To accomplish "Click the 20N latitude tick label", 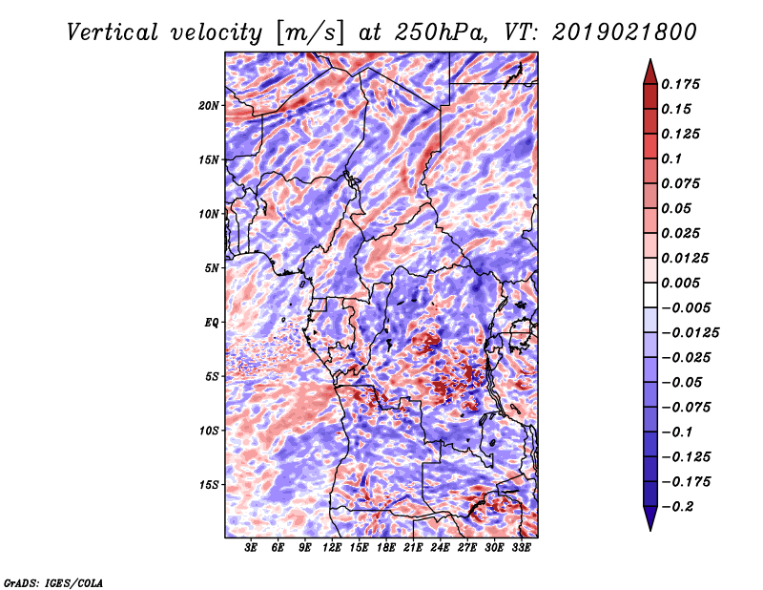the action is tap(209, 105).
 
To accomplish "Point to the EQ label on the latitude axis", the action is tap(212, 322).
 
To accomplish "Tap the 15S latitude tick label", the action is tap(209, 484).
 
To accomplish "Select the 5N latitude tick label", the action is tap(212, 268).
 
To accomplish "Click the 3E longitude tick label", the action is tap(251, 548).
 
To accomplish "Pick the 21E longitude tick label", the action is tap(413, 548).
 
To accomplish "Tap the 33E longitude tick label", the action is tap(521, 548).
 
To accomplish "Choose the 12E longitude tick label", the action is tap(331, 548).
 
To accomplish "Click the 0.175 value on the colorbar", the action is tap(680, 84).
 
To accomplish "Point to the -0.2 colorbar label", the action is tap(677, 506).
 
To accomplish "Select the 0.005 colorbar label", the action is tap(680, 283).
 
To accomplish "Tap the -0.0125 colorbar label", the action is tap(690, 333).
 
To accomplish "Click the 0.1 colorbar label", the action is tap(671, 158).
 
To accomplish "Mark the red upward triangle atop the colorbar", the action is tap(650, 72).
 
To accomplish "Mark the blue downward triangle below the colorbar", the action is tap(650, 518).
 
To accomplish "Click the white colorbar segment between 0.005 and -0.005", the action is tap(650, 295).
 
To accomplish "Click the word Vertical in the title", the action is tap(113, 32).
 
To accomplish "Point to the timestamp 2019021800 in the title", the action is tap(625, 32).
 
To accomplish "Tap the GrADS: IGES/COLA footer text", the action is tap(53, 582).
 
